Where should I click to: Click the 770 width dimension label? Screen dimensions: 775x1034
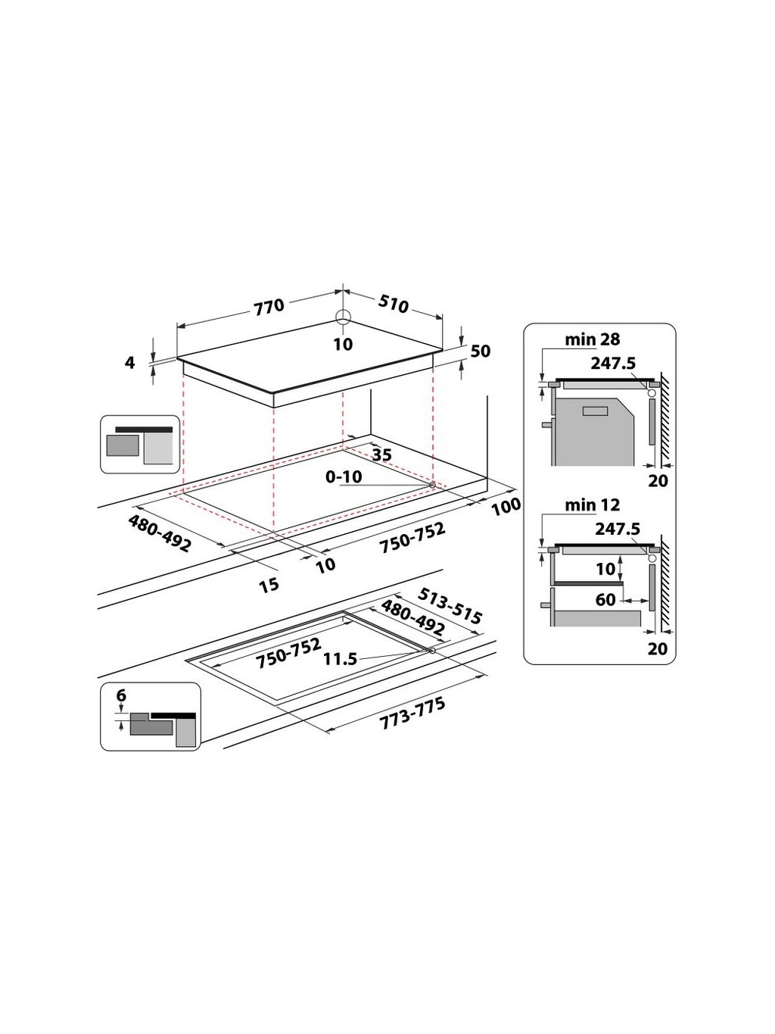point(269,306)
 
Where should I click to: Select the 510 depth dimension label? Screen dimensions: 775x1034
point(393,304)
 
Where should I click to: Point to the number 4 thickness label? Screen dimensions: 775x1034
point(130,363)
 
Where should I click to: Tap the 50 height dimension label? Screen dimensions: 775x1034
point(481,351)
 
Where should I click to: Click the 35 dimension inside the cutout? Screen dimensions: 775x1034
point(382,455)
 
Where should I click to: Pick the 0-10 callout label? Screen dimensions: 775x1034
point(344,476)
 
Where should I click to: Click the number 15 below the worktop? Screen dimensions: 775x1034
point(269,584)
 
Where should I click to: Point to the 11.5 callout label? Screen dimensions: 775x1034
point(340,659)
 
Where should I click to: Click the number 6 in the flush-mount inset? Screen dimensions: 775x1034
point(121,695)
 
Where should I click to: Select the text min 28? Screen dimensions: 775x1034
point(593,340)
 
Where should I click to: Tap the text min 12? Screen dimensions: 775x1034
point(592,505)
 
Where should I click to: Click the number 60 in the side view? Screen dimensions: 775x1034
point(605,600)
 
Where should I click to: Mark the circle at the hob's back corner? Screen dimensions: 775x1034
point(343,319)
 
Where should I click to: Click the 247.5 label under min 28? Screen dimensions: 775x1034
point(614,363)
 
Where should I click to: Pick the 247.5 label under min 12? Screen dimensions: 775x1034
point(618,529)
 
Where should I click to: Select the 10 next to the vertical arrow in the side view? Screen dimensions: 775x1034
point(604,568)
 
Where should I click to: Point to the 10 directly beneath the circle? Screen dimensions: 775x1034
point(343,345)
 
